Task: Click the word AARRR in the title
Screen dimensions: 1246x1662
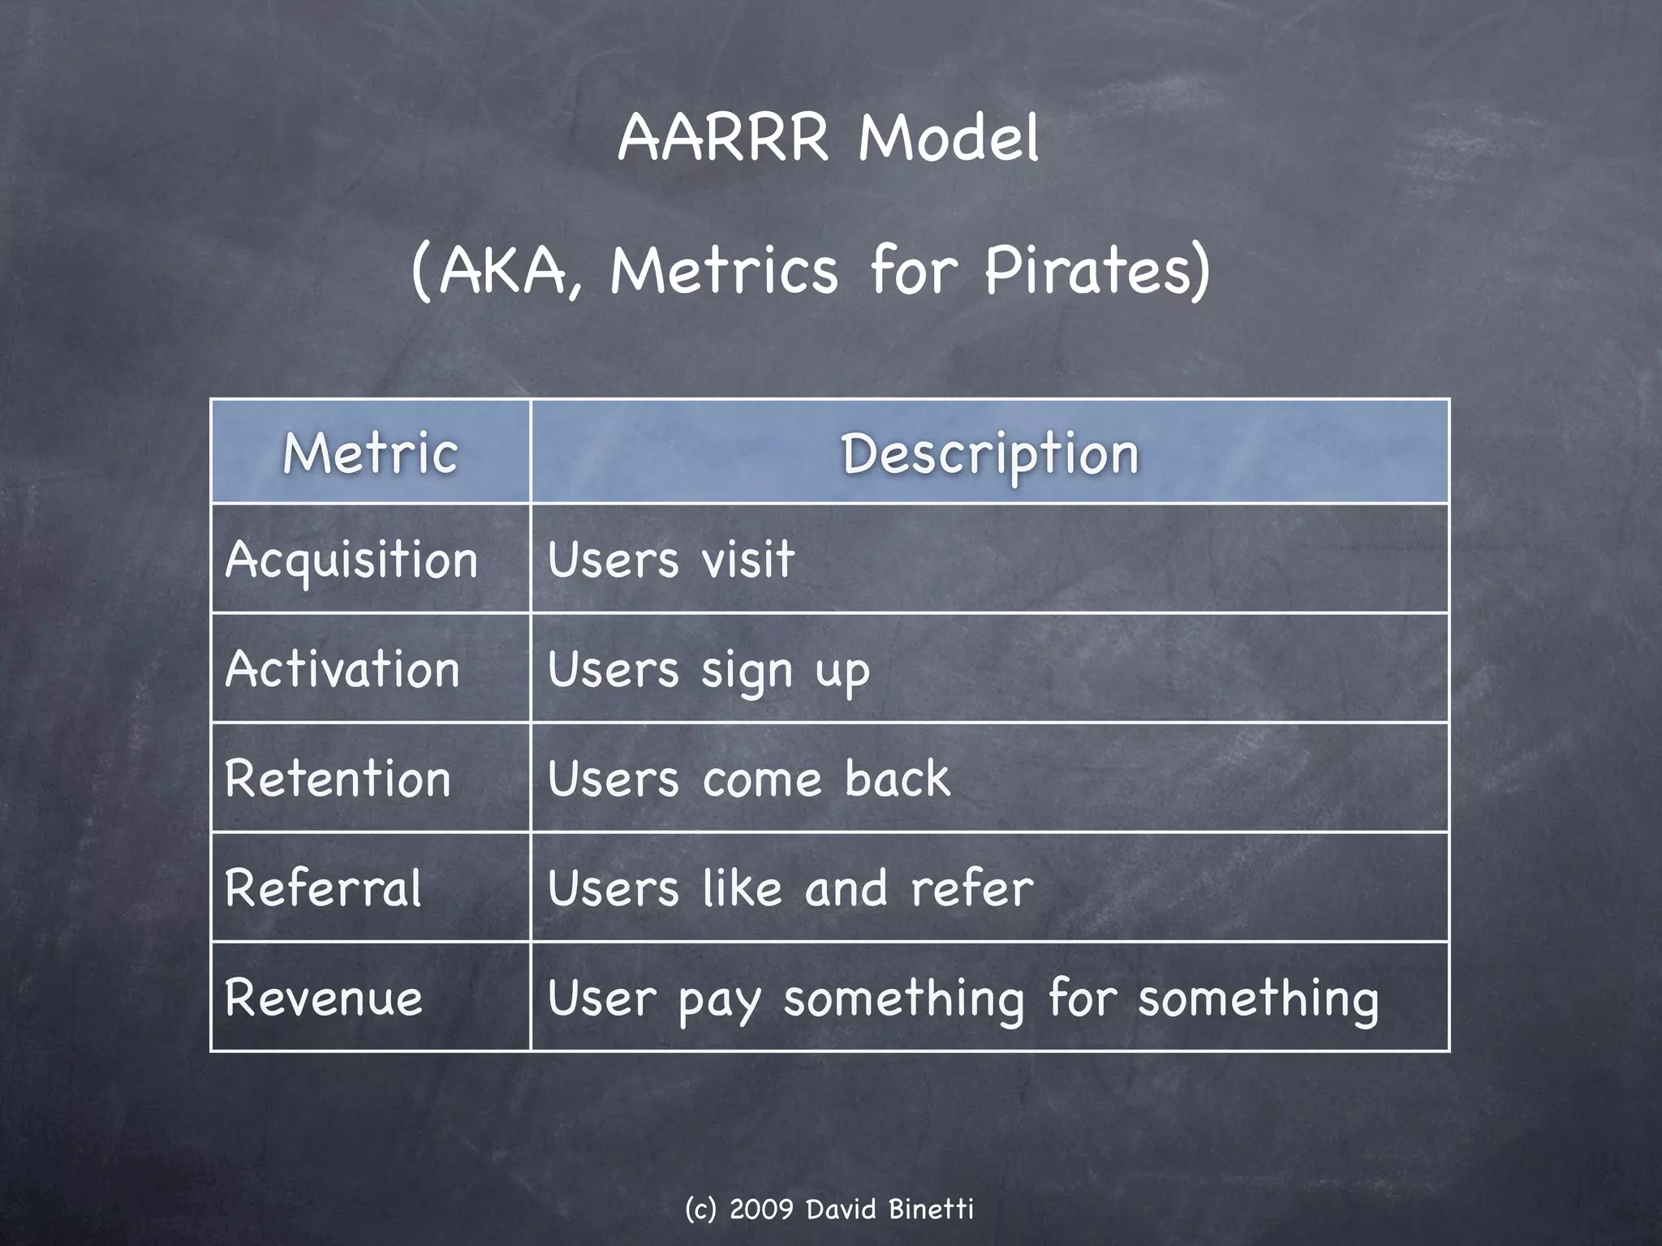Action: tap(723, 138)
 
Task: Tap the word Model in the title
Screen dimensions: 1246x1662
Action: tap(948, 138)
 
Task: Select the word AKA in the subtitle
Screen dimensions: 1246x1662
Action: tap(503, 272)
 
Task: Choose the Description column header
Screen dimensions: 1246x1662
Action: tap(990, 454)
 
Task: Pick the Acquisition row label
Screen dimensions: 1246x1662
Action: tap(351, 561)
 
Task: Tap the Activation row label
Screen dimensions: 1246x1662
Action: tap(342, 670)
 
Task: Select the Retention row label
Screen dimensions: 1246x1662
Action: tap(338, 779)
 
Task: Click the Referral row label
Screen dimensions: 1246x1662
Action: tap(323, 888)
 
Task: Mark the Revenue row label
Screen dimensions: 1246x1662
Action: tap(323, 998)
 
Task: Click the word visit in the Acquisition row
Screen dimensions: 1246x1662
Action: tap(747, 560)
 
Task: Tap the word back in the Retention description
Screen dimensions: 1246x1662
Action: tap(897, 779)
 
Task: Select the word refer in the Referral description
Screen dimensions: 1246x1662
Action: tap(972, 888)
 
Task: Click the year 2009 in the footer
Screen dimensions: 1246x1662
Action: tap(761, 1209)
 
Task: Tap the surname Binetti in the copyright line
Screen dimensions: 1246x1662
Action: tap(931, 1209)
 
